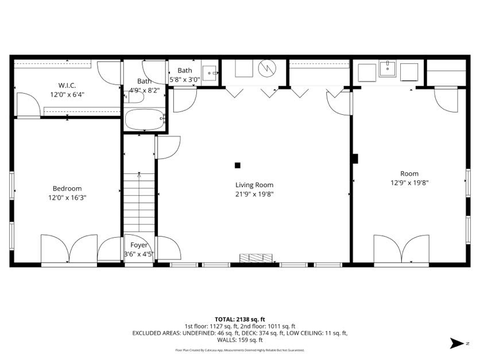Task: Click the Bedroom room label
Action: coord(67,188)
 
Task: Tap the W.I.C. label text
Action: coord(67,85)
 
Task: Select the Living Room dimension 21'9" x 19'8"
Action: coord(254,194)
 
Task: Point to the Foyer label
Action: coord(139,245)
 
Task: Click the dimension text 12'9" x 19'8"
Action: coord(409,183)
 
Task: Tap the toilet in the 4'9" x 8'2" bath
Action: coord(135,96)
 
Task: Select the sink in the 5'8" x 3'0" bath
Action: coord(210,74)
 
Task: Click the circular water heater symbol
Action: coord(266,69)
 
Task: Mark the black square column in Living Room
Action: coord(237,165)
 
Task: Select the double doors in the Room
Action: coord(401,249)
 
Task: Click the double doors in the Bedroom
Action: coord(69,249)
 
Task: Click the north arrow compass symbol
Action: coord(457,343)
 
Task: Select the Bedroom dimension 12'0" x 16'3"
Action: coord(67,198)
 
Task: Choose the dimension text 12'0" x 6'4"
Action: coord(67,94)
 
